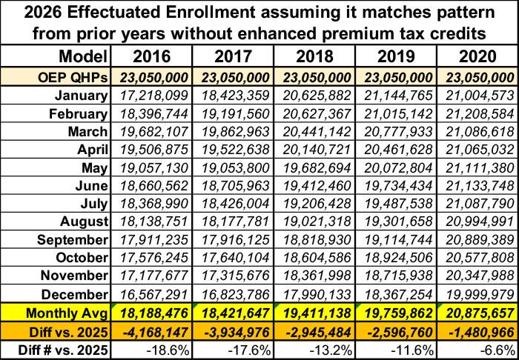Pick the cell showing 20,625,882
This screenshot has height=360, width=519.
click(314, 96)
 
